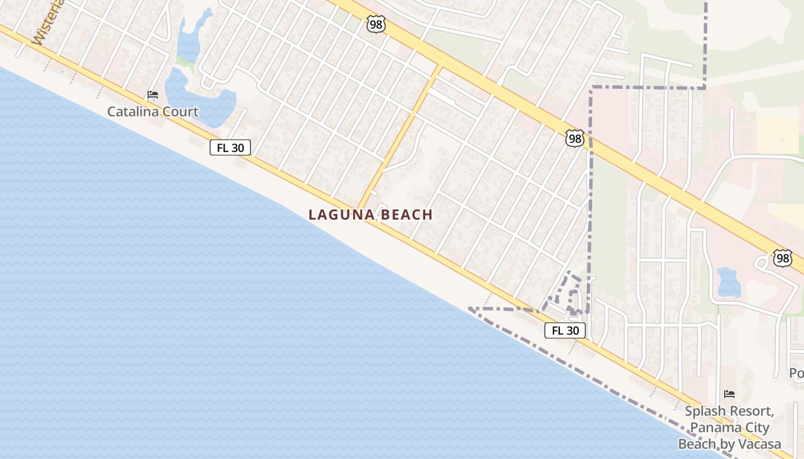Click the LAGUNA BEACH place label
pyautogui.click(x=370, y=215)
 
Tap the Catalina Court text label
pyautogui.click(x=153, y=111)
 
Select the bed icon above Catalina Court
pyautogui.click(x=153, y=95)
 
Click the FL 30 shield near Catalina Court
pyautogui.click(x=230, y=147)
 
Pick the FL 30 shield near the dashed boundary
pyautogui.click(x=565, y=330)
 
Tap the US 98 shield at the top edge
pyautogui.click(x=375, y=24)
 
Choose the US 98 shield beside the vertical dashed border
pyautogui.click(x=574, y=138)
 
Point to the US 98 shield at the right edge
pyautogui.click(x=782, y=258)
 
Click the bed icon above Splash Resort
pyautogui.click(x=729, y=394)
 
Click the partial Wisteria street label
pyautogui.click(x=46, y=23)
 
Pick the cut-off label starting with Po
pyautogui.click(x=797, y=374)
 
